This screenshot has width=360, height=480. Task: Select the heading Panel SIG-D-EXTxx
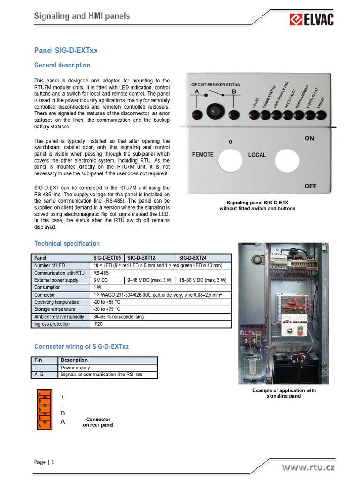(66, 51)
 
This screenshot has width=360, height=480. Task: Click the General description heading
(62, 65)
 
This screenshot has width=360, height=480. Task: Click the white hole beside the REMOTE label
(231, 158)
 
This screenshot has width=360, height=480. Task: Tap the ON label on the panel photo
(309, 138)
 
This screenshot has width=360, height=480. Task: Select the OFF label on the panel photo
(310, 186)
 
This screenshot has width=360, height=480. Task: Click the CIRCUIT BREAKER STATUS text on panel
(216, 85)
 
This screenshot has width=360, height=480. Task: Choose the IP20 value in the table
(97, 324)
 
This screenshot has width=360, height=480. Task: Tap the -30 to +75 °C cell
(107, 309)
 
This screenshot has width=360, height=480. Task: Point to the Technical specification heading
(67, 243)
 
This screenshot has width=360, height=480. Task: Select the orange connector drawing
(45, 409)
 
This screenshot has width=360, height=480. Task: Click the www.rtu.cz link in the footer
(308, 467)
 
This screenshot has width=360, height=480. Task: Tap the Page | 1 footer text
(45, 462)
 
